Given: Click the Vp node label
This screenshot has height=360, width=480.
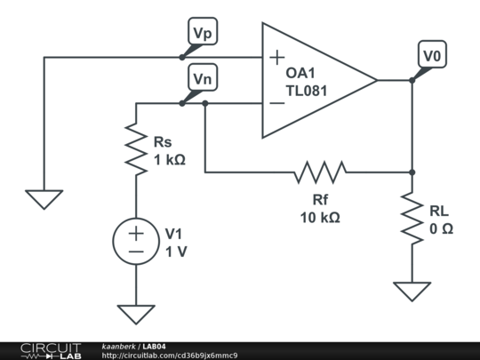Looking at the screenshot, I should tap(204, 33).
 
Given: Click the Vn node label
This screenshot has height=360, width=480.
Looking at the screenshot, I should tap(204, 79).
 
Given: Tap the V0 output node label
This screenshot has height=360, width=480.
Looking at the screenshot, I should tap(432, 56).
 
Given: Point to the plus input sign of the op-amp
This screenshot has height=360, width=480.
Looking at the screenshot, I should tap(277, 58).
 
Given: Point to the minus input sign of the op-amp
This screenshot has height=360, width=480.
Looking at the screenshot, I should tap(277, 103).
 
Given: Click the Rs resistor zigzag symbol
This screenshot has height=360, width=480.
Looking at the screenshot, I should tap(136, 148).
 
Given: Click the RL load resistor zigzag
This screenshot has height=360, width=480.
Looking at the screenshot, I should tap(412, 219).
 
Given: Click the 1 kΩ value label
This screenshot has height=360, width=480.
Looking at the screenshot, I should tap(170, 160).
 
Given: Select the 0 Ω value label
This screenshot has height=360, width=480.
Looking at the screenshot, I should tap(442, 228).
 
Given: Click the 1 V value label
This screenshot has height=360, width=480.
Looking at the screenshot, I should tap(176, 252).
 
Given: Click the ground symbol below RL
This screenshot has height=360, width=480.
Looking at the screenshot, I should tap(412, 291).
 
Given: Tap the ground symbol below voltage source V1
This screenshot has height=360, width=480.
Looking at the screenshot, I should tap(136, 314).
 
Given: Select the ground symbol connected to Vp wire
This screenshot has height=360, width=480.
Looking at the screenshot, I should tap(44, 198).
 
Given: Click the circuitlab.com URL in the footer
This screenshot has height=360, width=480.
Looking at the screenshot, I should tap(170, 355).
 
